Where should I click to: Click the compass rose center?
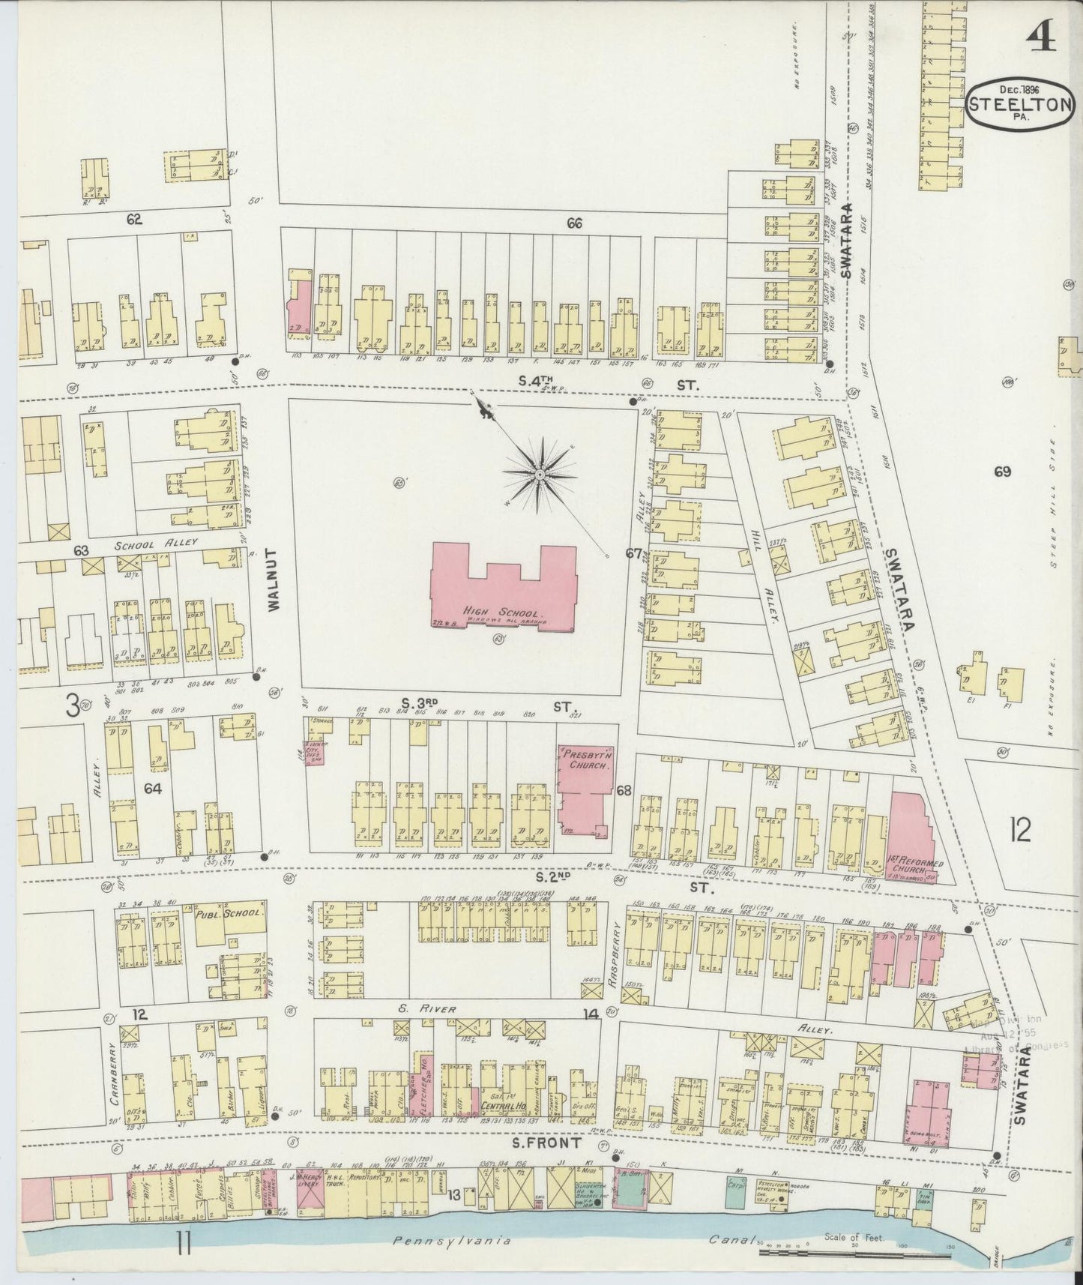pyautogui.click(x=539, y=475)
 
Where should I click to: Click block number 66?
pyautogui.click(x=574, y=223)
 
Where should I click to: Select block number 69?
pyautogui.click(x=1002, y=472)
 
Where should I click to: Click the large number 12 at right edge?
pyautogui.click(x=1020, y=830)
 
